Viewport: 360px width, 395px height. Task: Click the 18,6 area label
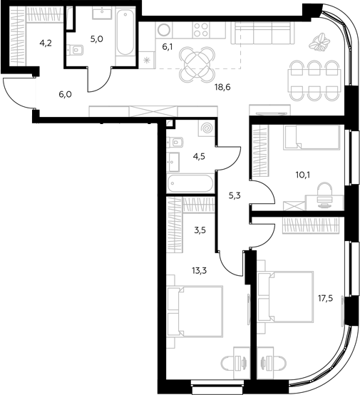(222, 87)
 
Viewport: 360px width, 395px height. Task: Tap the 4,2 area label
(46, 43)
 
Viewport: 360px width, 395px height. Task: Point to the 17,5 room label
(325, 299)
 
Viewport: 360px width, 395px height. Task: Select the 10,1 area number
(303, 175)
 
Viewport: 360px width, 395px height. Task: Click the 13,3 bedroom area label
(200, 271)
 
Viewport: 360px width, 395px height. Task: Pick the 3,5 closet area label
(200, 230)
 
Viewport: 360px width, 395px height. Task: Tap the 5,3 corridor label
(235, 195)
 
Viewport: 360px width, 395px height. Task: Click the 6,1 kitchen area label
(168, 46)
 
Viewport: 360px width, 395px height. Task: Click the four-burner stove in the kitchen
(201, 30)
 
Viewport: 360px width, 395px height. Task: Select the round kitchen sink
(164, 29)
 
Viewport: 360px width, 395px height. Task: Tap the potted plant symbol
(319, 42)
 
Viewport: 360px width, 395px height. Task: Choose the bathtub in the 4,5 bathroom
(190, 183)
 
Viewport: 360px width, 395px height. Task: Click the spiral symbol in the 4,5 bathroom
(207, 128)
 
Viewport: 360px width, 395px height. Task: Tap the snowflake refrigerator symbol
(146, 61)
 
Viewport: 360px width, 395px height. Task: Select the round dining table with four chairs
(197, 65)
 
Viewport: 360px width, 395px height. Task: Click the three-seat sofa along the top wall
(263, 33)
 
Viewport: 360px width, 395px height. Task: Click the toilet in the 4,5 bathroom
(175, 143)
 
